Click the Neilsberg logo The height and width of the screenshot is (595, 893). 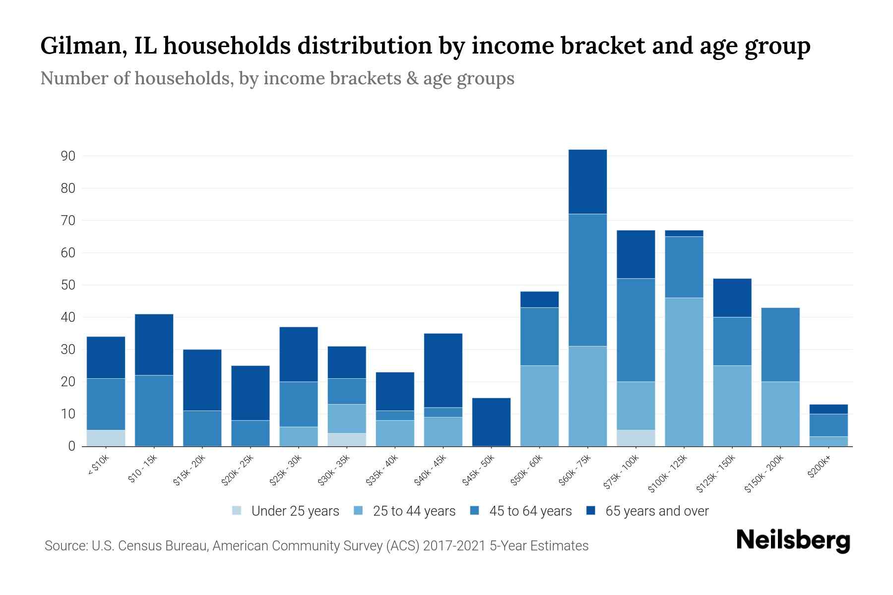793,540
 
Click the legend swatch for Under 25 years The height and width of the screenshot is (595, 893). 237,510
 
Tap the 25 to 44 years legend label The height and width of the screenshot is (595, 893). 414,511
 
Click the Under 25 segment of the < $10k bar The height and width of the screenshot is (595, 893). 106,438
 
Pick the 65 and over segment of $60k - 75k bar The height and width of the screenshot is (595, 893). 587,181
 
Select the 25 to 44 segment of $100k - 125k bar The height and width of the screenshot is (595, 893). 684,372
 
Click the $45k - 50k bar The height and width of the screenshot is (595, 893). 491,421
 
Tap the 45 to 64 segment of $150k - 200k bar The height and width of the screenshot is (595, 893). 780,345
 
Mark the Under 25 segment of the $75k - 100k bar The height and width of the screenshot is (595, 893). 636,438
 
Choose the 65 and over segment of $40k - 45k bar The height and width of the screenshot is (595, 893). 443,370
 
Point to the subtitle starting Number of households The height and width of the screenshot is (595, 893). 277,78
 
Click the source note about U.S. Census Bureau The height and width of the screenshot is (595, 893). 316,546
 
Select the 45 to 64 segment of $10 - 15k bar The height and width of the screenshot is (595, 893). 154,411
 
